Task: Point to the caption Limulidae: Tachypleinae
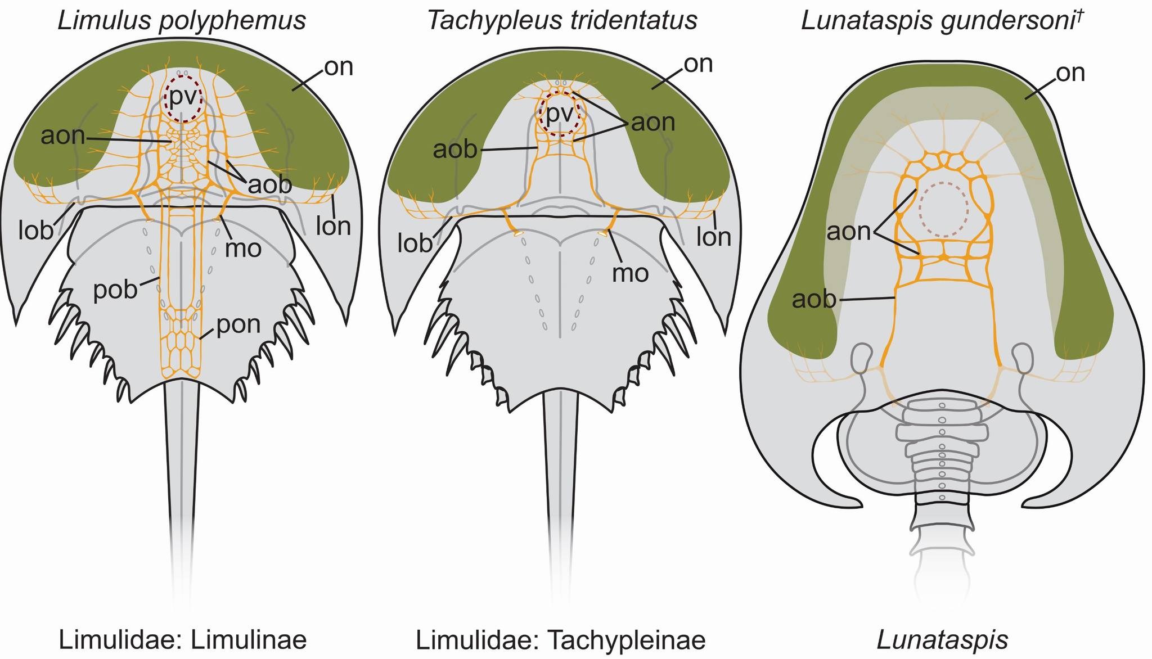click(560, 639)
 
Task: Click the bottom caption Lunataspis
click(942, 640)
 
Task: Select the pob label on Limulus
click(115, 289)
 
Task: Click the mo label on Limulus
click(244, 248)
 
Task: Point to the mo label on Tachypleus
click(631, 273)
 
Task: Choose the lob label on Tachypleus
click(415, 242)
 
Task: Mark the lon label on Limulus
click(334, 226)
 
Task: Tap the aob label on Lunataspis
click(814, 299)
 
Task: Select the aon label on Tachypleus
click(653, 122)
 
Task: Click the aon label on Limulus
click(62, 136)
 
